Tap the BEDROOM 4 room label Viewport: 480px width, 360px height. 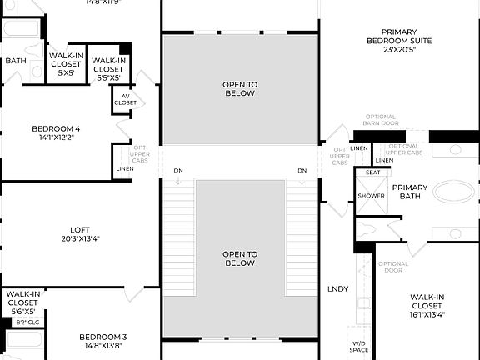point(56,128)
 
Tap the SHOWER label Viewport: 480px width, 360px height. point(372,196)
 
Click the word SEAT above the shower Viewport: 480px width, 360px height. point(373,172)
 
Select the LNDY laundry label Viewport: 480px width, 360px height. point(337,289)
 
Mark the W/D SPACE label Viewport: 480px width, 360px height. point(359,346)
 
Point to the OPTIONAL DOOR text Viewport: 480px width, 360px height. point(393,268)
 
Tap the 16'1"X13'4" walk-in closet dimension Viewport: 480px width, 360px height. point(428,315)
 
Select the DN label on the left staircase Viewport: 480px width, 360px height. point(178,171)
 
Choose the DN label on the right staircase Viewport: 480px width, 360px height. point(302,171)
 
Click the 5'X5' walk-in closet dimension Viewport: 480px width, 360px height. point(66,73)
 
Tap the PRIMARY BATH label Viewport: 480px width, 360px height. point(409,192)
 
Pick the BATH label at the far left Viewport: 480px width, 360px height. point(16,60)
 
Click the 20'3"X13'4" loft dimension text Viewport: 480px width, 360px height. point(80,238)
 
